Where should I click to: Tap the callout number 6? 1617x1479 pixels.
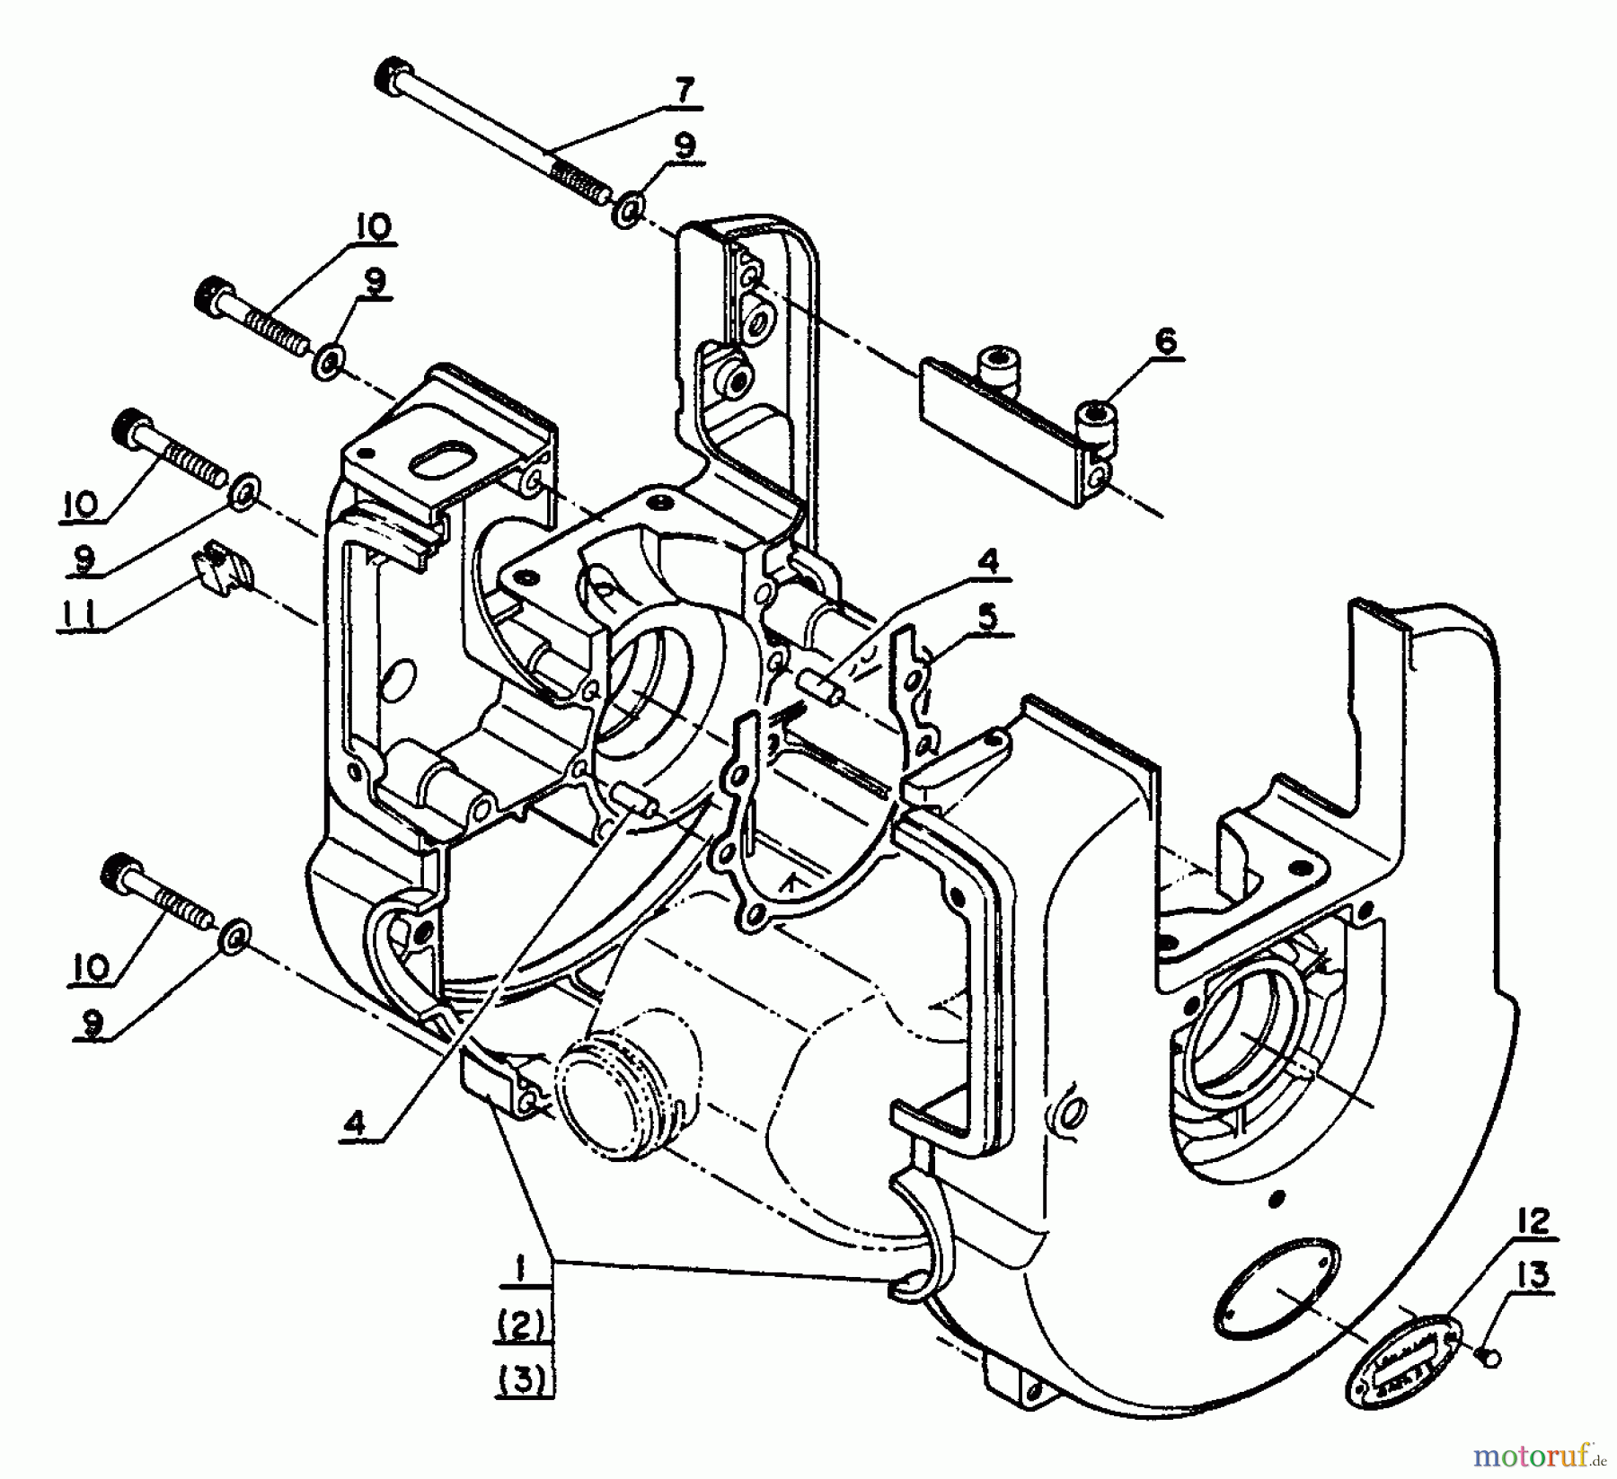tap(1165, 341)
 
